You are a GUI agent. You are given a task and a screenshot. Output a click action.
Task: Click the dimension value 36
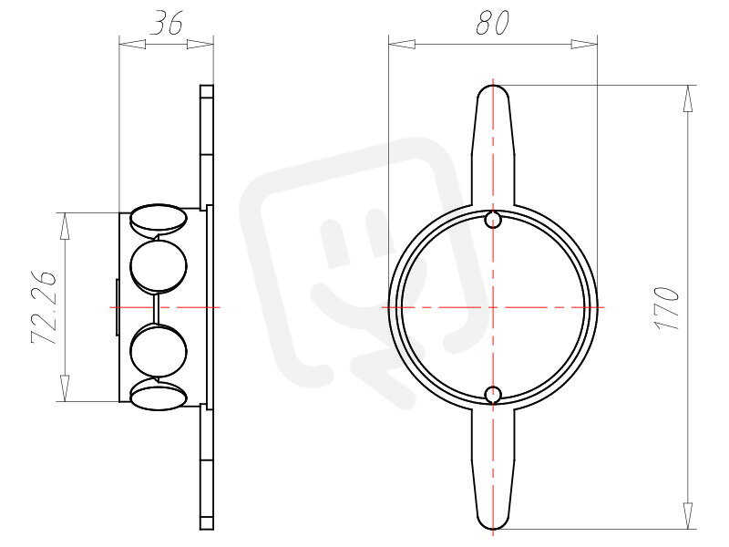click(x=167, y=23)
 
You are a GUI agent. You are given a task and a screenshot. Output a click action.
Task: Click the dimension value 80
click(x=493, y=23)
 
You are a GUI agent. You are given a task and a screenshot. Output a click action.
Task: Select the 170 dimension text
click(x=668, y=308)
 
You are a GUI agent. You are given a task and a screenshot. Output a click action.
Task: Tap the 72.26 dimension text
click(x=44, y=307)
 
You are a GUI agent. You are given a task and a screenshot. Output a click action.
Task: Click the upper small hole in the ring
click(x=493, y=220)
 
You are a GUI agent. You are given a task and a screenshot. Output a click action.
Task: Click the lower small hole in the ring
click(x=493, y=395)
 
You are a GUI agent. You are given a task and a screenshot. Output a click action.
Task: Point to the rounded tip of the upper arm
click(x=493, y=87)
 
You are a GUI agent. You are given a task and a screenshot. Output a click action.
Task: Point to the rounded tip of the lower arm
click(x=493, y=528)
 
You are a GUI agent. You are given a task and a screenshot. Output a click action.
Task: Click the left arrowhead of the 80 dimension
click(x=402, y=44)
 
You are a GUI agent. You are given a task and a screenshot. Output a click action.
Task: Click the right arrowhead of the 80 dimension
click(x=584, y=44)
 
